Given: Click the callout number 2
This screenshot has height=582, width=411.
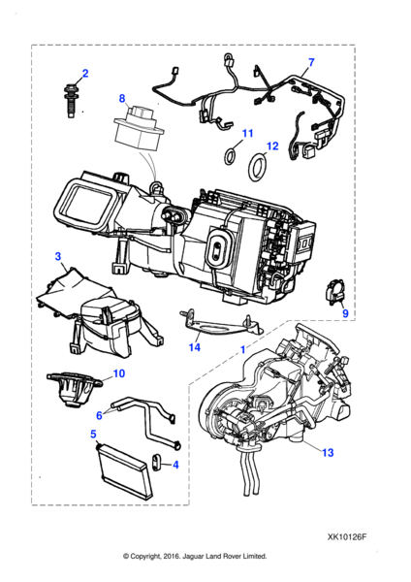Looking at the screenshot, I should coord(84,75).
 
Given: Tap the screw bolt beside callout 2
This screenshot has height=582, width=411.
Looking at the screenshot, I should coord(72,98).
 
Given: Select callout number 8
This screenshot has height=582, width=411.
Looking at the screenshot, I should coord(123,98).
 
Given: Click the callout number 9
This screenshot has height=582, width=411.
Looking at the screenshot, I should coord(344,312).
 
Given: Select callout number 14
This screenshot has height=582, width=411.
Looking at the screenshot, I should coord(194,346).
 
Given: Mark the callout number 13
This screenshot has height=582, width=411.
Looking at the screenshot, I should coord(327,452).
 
